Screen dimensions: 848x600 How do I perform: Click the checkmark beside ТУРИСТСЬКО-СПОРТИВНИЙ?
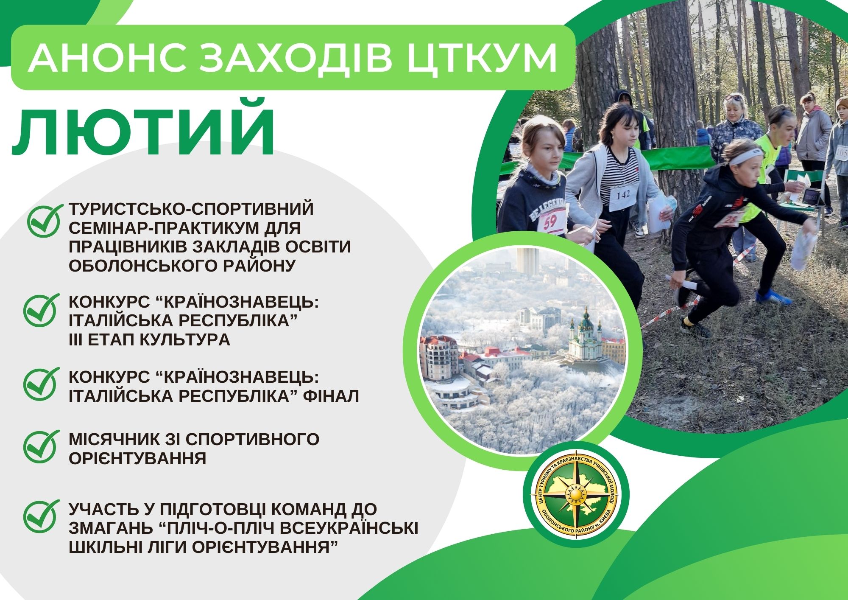(44, 220)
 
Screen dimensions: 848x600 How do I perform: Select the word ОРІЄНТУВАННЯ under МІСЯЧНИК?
(137, 458)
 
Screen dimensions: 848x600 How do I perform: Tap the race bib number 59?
(551, 221)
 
